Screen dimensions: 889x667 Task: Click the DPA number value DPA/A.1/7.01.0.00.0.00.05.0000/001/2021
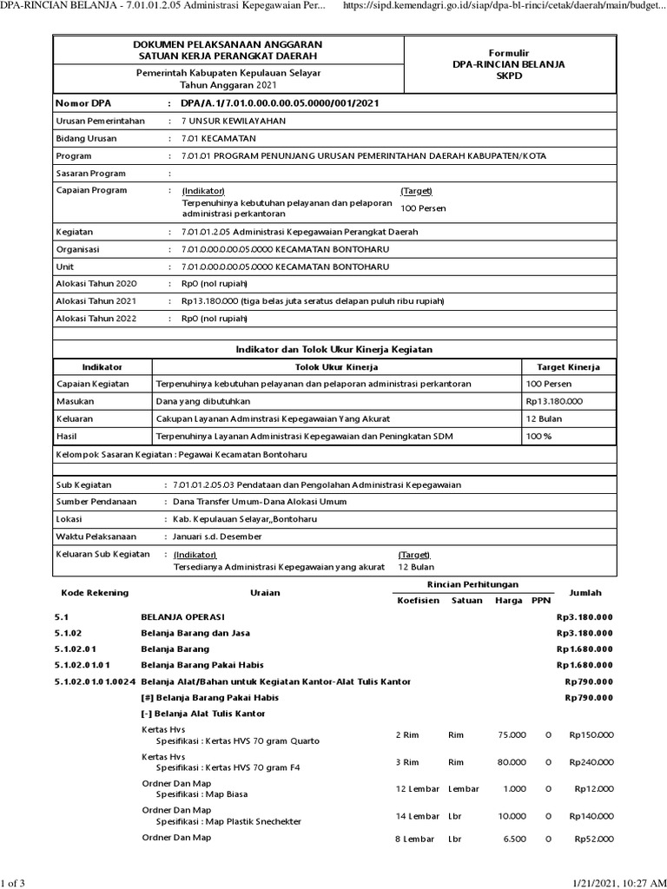280,104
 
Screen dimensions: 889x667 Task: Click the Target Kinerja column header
568,367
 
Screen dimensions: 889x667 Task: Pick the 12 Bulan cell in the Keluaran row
545,418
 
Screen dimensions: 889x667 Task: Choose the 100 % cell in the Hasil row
539,436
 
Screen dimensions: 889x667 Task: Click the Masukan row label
76,401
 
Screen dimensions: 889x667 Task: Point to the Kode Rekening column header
95,592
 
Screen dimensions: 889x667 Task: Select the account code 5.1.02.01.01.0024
94,681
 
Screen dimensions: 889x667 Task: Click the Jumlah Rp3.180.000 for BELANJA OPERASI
584,616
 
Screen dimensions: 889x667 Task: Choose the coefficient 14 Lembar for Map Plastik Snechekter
417,816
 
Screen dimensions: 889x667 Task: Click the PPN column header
541,600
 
